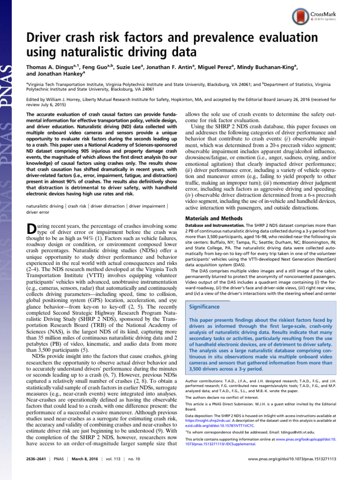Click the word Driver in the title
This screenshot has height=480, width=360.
[43, 38]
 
